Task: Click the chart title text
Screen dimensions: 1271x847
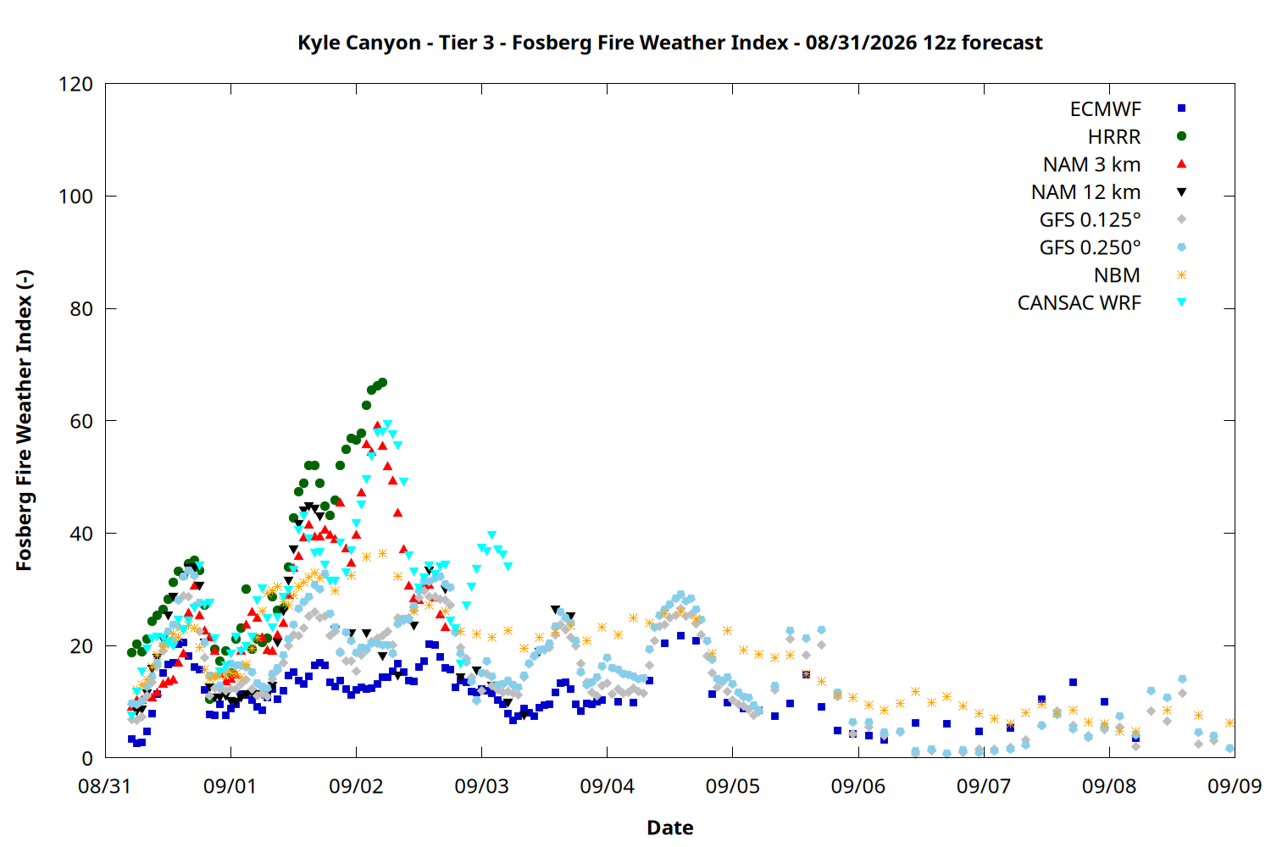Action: (x=670, y=42)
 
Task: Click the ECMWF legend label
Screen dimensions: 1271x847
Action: (x=1105, y=109)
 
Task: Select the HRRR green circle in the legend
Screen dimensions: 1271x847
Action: (x=1181, y=136)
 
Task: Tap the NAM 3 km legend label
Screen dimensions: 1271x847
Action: (x=1091, y=164)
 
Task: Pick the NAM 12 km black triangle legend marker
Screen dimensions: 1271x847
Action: (x=1181, y=192)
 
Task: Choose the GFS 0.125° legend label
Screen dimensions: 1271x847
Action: (x=1090, y=219)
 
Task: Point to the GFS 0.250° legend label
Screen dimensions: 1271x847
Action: (x=1090, y=247)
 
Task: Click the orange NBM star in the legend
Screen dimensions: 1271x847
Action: (x=1181, y=275)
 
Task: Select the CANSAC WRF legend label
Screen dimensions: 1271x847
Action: (x=1079, y=303)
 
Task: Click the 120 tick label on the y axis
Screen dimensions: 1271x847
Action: (x=76, y=84)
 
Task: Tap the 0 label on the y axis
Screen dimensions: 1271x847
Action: (x=87, y=758)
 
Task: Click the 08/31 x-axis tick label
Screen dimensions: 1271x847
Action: (x=104, y=786)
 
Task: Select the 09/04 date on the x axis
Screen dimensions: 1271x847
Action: (x=607, y=786)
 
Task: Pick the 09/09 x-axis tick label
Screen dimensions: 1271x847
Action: (x=1234, y=786)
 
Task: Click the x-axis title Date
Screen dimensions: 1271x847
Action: (x=670, y=828)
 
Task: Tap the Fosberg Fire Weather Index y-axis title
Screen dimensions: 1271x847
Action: (x=25, y=420)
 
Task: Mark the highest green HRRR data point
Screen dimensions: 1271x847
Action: (x=382, y=383)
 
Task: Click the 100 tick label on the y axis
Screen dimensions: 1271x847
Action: (x=76, y=197)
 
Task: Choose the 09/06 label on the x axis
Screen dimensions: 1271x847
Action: (x=858, y=786)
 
